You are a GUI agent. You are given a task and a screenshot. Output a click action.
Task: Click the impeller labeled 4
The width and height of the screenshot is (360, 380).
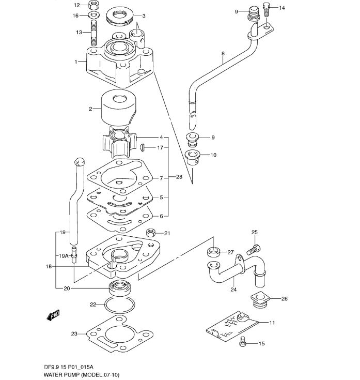(119, 142)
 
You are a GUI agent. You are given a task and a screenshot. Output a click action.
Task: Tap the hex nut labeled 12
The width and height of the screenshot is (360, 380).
(93, 5)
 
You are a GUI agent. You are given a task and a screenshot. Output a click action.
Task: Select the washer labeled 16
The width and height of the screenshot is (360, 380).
(93, 15)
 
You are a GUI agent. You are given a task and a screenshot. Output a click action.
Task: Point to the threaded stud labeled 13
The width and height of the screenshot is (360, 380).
(94, 33)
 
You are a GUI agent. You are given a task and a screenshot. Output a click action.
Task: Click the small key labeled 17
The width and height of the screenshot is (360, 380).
(142, 147)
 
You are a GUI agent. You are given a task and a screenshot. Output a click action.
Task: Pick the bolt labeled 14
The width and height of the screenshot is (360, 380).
(267, 9)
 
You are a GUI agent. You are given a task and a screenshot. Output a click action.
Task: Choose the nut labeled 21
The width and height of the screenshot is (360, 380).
(151, 233)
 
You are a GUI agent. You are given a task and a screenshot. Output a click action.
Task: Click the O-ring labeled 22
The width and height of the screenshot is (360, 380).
(119, 304)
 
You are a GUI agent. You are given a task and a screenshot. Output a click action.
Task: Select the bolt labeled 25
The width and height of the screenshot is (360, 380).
(254, 250)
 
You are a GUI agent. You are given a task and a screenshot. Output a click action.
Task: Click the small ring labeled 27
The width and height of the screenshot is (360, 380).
(213, 252)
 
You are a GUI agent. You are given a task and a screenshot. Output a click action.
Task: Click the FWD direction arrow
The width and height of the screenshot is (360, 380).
(53, 315)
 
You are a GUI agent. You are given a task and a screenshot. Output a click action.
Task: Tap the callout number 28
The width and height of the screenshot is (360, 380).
(179, 177)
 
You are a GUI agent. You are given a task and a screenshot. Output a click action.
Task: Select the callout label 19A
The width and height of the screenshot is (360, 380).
(64, 256)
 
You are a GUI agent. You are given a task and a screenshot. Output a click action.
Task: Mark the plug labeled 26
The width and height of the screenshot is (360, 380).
(259, 300)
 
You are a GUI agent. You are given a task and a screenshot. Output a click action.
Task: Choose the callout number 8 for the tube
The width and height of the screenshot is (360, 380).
(223, 53)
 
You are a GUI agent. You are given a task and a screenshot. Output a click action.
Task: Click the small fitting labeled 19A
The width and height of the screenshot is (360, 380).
(74, 254)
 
